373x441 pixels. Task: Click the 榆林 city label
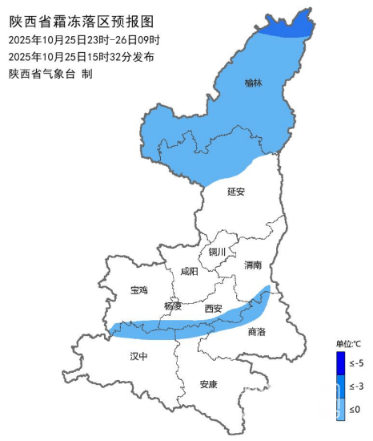coord(253,82)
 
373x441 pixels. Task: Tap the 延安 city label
coord(236,192)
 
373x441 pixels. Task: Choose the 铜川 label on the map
coord(218,252)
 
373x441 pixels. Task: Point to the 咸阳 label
coord(187,272)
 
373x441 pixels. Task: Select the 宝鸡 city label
coord(139,290)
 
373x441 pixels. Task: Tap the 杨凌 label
coord(173,306)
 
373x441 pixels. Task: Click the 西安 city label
coord(213,308)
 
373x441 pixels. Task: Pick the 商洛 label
coord(256,331)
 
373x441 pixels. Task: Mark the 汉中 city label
coord(139,355)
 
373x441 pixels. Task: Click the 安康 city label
coord(209,384)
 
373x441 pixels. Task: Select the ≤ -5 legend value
coord(358,363)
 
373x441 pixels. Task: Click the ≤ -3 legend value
coord(358,386)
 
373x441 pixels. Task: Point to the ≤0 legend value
coord(355,409)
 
